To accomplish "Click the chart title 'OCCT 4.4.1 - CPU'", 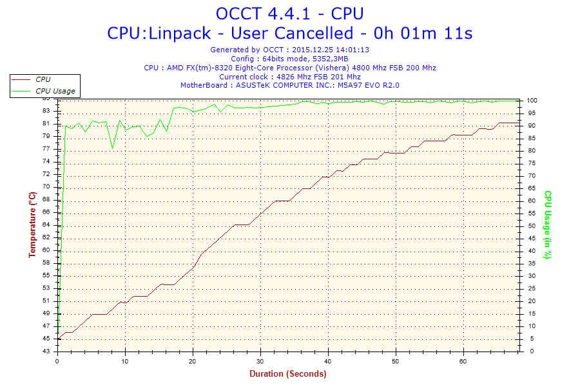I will [289, 13].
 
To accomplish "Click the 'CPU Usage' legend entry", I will [55, 91].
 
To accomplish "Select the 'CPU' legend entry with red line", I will [43, 79].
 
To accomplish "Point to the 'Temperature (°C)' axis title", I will [32, 224].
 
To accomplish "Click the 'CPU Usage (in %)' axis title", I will [547, 224].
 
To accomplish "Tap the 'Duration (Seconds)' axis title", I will [287, 373].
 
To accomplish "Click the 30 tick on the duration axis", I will [260, 361].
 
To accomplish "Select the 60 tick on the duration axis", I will [463, 361].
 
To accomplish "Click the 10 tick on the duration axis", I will [125, 361].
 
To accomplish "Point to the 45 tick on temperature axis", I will [46, 339].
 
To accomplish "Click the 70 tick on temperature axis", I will [46, 186].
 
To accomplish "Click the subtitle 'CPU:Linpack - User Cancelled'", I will [289, 33].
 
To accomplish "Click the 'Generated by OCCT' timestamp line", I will [289, 50].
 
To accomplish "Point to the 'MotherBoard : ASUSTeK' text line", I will [289, 85].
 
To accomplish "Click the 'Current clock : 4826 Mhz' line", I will [289, 76].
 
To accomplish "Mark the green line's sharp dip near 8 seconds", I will [113, 148].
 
